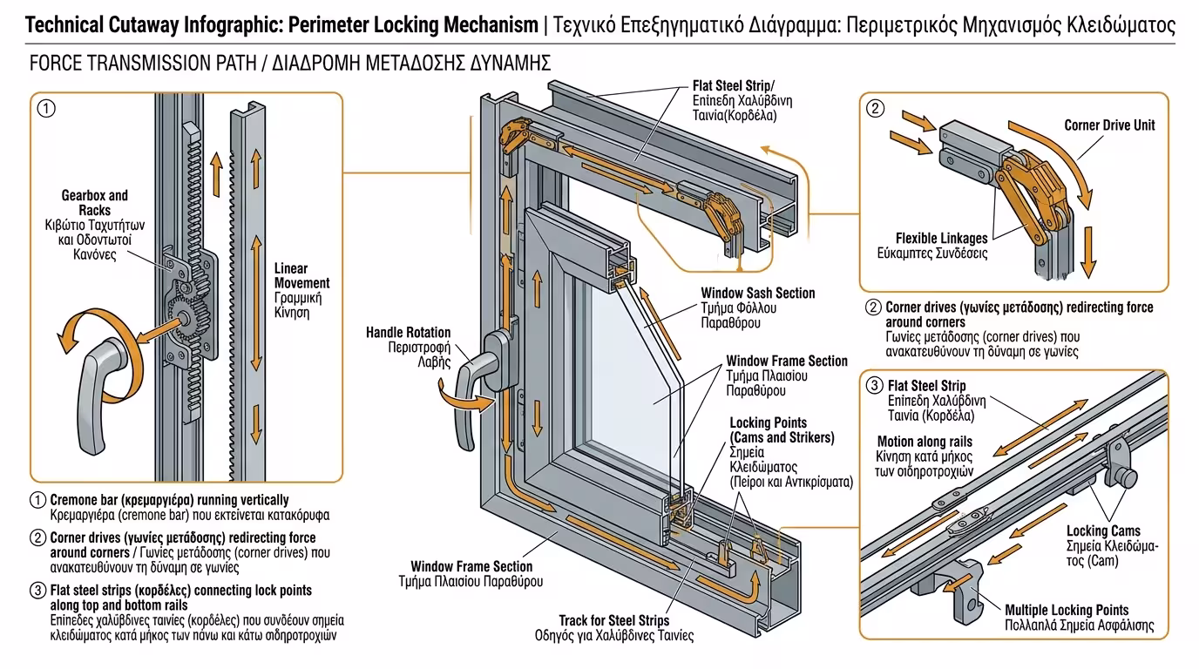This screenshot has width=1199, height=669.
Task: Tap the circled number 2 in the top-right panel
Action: [x=875, y=109]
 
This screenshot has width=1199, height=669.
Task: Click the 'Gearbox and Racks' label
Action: [x=94, y=203]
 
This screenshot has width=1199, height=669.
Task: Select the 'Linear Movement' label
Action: [x=301, y=275]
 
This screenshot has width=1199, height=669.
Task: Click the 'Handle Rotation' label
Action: [x=408, y=332]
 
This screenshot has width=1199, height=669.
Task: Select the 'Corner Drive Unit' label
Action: [x=1109, y=125]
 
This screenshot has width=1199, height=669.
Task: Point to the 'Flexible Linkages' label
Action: [x=941, y=238]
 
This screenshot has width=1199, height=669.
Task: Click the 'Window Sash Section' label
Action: [x=757, y=294]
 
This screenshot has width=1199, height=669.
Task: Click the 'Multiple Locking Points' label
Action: [x=1078, y=610]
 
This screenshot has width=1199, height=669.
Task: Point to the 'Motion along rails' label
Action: [x=924, y=442]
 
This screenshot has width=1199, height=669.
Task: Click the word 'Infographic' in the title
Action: [x=233, y=24]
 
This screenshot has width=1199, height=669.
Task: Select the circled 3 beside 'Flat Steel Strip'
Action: [x=873, y=385]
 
